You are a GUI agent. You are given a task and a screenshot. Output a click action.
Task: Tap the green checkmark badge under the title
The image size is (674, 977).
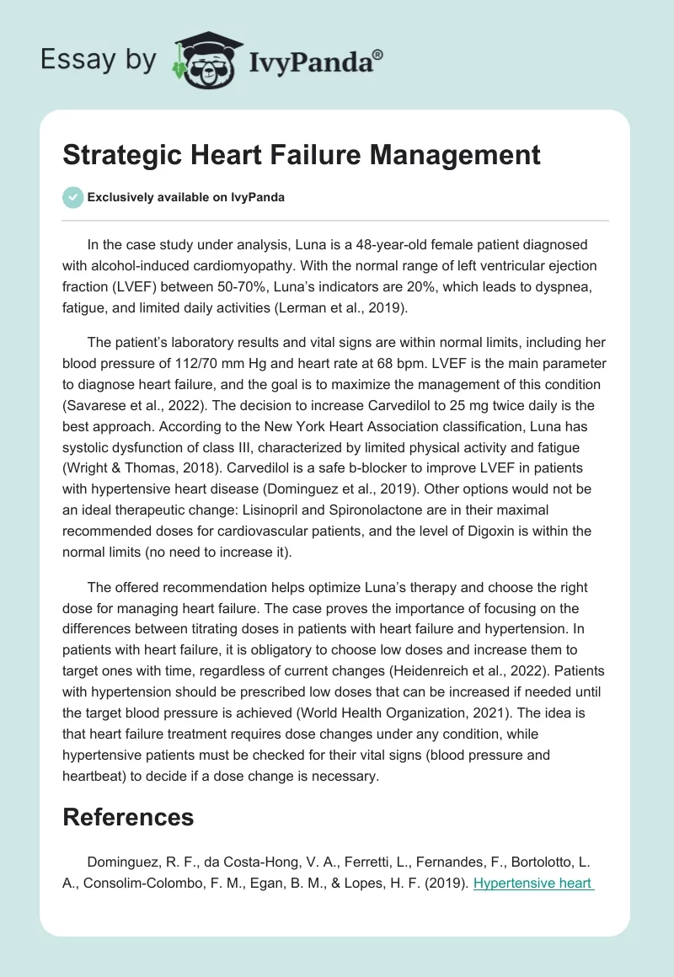[73, 197]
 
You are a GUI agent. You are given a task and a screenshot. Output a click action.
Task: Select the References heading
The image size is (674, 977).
[128, 817]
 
